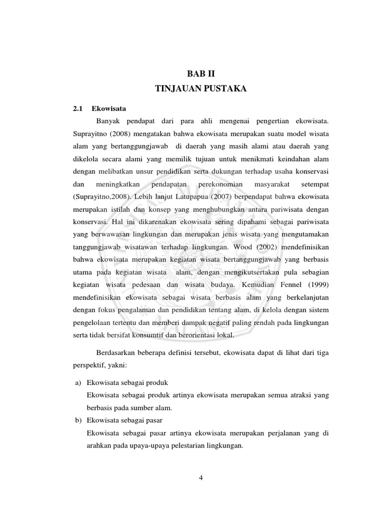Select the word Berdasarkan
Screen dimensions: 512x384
click(115, 353)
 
